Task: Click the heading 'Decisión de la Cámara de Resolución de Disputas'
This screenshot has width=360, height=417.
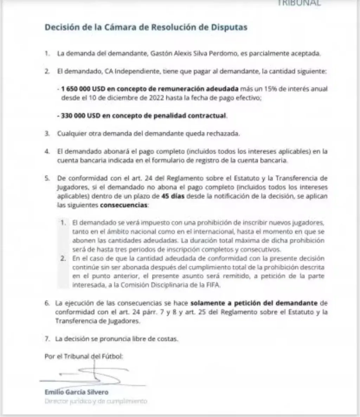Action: [x=146, y=27]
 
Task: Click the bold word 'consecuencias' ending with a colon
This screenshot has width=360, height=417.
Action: [x=124, y=205]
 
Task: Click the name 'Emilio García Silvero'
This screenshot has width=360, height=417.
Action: [x=77, y=392]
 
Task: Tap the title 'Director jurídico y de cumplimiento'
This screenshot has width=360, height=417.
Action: [x=96, y=401]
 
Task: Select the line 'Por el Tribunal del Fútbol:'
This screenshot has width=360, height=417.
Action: [x=84, y=356]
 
